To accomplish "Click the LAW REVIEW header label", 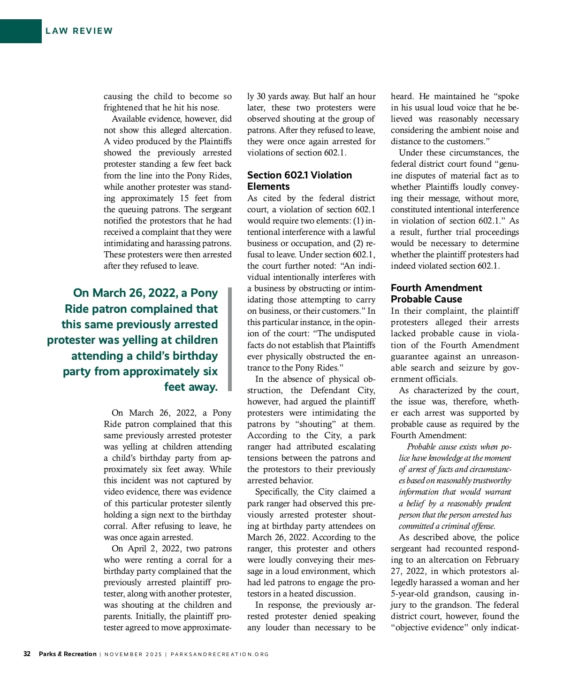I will [x=79, y=31].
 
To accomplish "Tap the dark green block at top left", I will [x=21, y=31].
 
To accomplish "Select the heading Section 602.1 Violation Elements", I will [x=299, y=180].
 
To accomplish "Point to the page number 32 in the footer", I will [x=27, y=654].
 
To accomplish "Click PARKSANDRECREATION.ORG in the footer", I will [x=220, y=654].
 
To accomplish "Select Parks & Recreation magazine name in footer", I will [x=68, y=654].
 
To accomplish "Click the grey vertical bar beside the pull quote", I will [x=230, y=339].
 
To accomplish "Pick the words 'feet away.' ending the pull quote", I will [x=191, y=387].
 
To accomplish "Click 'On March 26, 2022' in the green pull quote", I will [x=125, y=293].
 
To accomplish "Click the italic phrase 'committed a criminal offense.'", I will [x=447, y=526].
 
